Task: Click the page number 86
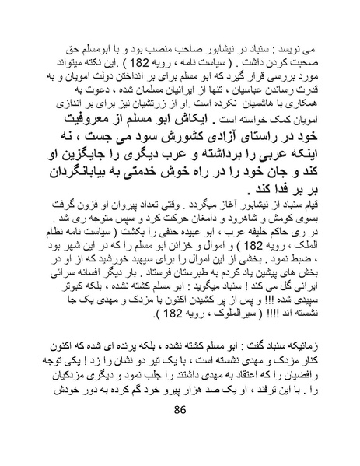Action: (180, 432)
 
